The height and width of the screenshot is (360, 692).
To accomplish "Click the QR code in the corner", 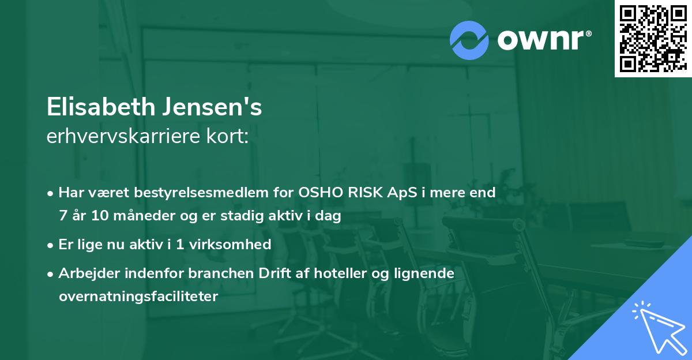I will tap(653, 39).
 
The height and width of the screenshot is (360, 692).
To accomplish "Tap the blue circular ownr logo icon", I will tap(469, 40).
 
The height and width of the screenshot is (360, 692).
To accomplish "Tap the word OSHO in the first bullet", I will tap(316, 193).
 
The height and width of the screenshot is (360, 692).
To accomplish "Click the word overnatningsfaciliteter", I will tap(138, 297).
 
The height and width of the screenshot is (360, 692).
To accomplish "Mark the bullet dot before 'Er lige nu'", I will tap(51, 245).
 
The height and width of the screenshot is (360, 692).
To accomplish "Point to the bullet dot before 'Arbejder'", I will tap(51, 274).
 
